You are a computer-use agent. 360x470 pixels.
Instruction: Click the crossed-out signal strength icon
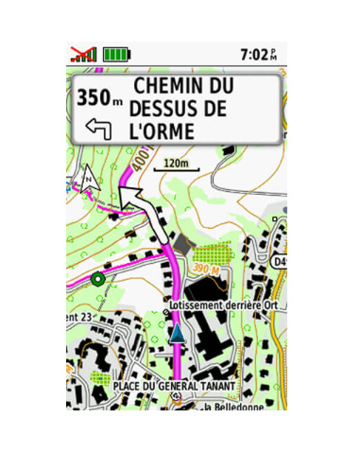(84, 54)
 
